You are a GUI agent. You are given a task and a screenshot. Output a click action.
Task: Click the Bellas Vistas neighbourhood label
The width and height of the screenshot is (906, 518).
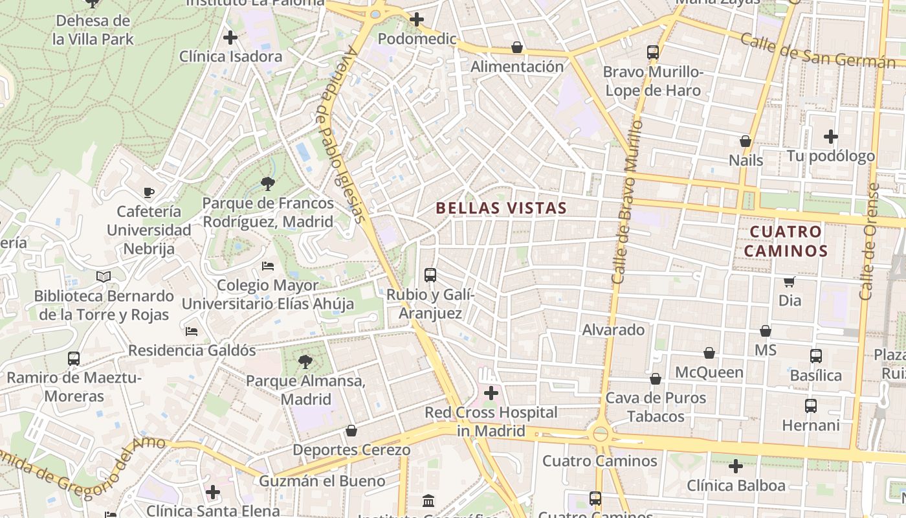click(502, 208)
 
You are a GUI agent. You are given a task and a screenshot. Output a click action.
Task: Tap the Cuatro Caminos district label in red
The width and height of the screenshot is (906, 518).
click(786, 241)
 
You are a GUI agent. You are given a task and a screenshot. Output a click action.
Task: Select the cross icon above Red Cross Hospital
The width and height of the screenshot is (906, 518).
click(491, 392)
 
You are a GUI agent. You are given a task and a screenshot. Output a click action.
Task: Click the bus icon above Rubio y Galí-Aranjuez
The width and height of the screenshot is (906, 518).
click(430, 275)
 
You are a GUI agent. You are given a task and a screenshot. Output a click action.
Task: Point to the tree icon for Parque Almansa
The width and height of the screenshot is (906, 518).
click(305, 362)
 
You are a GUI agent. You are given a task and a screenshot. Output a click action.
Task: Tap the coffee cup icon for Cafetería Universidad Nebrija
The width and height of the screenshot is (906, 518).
click(149, 192)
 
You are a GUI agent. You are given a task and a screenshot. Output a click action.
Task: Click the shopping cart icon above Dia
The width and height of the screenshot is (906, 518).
click(790, 282)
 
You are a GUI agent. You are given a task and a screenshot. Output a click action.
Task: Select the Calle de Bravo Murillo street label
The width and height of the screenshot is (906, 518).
click(625, 201)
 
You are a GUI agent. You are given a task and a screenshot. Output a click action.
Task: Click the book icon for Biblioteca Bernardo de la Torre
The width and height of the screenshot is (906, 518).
click(104, 276)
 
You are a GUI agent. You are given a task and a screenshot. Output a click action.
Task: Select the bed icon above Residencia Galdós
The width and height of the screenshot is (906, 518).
click(192, 332)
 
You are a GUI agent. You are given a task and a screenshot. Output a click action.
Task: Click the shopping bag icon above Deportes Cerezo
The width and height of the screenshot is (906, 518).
click(351, 431)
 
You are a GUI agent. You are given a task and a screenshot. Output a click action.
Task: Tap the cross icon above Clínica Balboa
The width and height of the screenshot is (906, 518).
click(735, 466)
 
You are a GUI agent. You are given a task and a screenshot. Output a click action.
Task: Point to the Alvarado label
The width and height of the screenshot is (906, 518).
click(613, 330)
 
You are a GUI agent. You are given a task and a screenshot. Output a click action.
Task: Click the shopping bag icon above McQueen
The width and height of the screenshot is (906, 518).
click(709, 353)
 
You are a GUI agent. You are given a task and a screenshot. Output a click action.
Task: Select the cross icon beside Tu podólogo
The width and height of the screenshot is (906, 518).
click(831, 137)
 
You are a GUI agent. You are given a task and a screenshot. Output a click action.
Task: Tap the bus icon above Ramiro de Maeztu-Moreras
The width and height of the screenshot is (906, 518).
click(74, 358)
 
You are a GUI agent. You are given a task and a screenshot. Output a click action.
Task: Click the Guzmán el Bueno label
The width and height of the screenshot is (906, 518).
click(322, 481)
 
